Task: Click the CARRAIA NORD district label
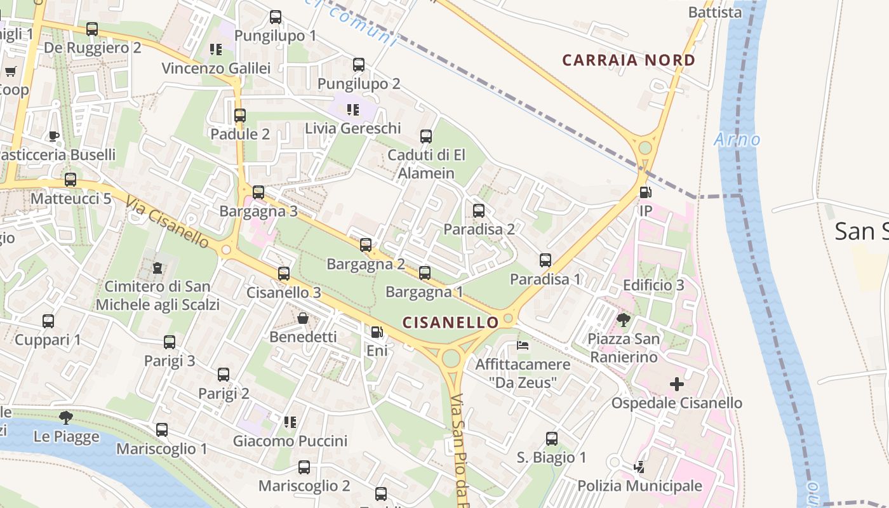[629, 60]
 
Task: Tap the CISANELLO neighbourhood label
[451, 323]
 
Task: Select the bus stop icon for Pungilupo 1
[276, 17]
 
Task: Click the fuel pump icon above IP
[645, 192]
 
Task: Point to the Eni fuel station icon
[377, 332]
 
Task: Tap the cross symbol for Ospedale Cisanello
[677, 384]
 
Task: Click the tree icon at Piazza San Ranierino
[624, 319]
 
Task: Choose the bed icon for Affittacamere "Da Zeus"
[523, 346]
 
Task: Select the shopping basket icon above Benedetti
[303, 318]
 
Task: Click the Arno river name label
[737, 140]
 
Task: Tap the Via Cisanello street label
[168, 222]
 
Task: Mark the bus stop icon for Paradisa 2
[479, 211]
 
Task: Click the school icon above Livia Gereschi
[353, 110]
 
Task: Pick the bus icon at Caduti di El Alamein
[426, 137]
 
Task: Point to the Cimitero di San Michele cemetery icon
[157, 268]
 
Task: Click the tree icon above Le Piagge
[65, 418]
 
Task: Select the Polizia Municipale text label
[639, 486]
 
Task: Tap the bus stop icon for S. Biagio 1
[552, 438]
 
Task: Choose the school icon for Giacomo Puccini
[290, 422]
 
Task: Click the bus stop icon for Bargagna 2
[366, 245]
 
